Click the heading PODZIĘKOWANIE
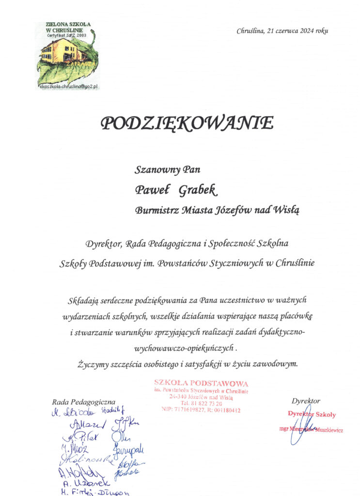[x=187, y=124]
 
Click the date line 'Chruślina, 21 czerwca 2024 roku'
[x=282, y=31]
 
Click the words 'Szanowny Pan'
[x=167, y=170]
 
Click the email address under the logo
[x=68, y=86]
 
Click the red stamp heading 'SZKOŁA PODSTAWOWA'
[x=201, y=384]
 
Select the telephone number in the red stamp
[x=202, y=403]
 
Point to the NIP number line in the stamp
[x=201, y=409]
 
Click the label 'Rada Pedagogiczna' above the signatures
[x=83, y=402]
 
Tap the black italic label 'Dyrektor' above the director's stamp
[x=306, y=401]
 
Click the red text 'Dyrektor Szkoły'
[x=312, y=414]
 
